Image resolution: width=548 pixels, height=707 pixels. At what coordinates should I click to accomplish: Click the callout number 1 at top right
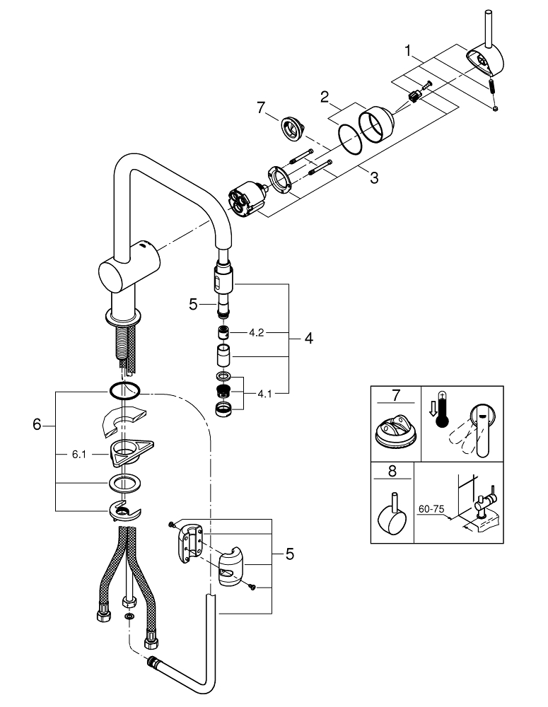[x=408, y=50]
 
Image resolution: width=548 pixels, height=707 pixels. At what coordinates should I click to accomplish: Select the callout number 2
[x=324, y=98]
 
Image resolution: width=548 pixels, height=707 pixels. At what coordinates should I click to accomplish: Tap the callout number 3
[x=373, y=178]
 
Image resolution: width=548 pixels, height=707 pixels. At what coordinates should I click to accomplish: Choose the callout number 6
[x=37, y=425]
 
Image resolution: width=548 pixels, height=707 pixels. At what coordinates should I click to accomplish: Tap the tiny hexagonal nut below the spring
[x=496, y=107]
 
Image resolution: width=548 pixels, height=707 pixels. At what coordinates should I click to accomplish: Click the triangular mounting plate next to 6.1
[x=132, y=451]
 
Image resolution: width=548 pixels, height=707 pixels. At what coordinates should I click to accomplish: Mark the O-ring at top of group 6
[x=126, y=390]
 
